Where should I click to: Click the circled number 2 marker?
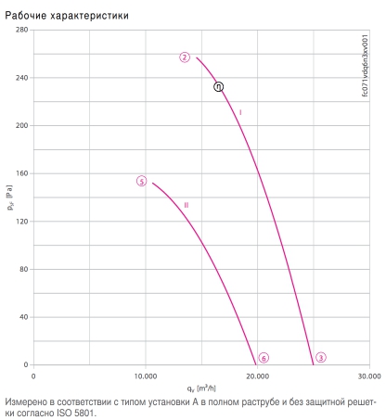click(x=185, y=57)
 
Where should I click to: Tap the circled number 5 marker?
click(x=142, y=181)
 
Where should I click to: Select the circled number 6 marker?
click(x=264, y=358)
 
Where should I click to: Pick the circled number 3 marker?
click(x=321, y=358)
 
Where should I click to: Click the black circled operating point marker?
click(x=218, y=87)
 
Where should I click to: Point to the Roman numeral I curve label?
click(x=240, y=112)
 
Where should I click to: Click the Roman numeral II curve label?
click(x=187, y=205)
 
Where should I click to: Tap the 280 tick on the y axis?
click(x=21, y=30)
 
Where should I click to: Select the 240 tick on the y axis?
click(x=21, y=78)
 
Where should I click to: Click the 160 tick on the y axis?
click(x=21, y=173)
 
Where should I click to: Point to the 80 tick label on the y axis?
click(x=24, y=269)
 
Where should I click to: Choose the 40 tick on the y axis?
click(x=24, y=317)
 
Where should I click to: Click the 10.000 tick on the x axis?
click(x=146, y=376)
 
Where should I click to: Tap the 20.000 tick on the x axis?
click(x=257, y=376)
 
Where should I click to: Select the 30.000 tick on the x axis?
click(x=369, y=376)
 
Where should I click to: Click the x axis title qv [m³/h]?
click(x=201, y=388)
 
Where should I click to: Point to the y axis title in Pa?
click(x=10, y=197)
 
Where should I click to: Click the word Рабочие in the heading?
click(x=26, y=16)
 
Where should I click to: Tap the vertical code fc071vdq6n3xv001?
click(x=365, y=66)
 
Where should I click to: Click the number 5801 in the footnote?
click(x=84, y=413)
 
